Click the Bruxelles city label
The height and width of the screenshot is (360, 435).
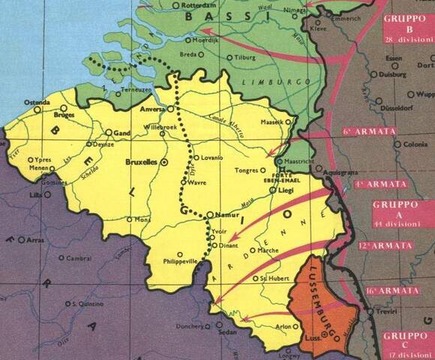click(x=140, y=161)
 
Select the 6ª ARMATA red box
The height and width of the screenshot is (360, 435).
click(x=391, y=131)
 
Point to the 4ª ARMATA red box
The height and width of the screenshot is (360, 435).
click(x=391, y=184)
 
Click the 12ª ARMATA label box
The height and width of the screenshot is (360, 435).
click(x=393, y=245)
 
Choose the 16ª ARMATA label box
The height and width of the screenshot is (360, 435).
click(x=393, y=290)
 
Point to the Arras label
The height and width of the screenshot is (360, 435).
click(x=36, y=241)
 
